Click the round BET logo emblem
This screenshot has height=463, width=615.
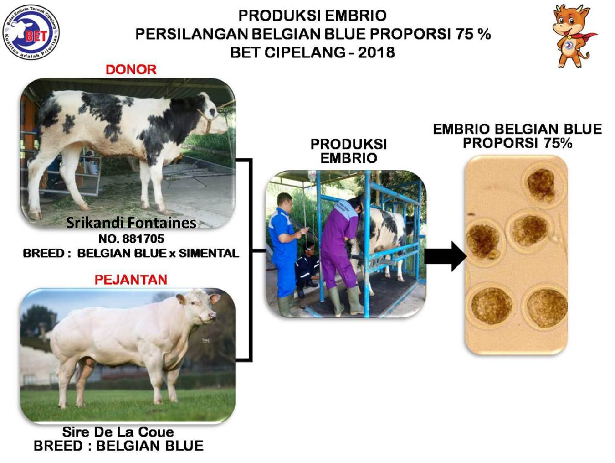31,32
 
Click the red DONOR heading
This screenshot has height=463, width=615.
131,69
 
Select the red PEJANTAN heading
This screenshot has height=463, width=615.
131,280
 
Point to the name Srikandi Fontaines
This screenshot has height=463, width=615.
131,223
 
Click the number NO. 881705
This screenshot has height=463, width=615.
131,239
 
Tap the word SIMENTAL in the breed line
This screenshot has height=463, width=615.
209,253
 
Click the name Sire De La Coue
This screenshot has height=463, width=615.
118,432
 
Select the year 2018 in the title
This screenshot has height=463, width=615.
376,52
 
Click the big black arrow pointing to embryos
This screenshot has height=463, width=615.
446,256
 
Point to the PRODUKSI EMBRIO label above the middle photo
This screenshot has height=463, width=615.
348,151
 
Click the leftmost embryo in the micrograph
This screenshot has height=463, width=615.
484,242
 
